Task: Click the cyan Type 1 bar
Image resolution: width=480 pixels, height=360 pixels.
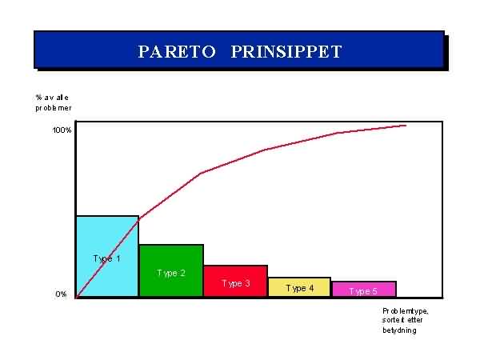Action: (107, 256)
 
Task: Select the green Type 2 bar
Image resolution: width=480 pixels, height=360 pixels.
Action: (171, 270)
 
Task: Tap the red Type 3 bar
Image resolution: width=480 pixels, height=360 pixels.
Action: (236, 281)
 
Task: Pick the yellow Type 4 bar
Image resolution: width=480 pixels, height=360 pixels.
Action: (299, 287)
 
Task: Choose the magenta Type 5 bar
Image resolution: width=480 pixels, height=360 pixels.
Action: (364, 289)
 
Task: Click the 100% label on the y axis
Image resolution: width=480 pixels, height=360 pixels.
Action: (62, 130)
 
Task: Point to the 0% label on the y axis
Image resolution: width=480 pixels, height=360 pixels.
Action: (62, 294)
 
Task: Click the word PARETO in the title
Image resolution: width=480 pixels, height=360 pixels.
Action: (177, 51)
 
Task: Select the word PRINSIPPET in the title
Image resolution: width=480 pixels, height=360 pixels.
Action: (286, 51)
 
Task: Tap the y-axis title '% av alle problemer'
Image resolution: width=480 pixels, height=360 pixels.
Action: (54, 102)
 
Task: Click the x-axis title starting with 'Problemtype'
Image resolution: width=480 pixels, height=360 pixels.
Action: (405, 321)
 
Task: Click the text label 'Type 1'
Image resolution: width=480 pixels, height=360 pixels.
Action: (106, 259)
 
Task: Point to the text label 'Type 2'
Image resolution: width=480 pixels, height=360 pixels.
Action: (171, 273)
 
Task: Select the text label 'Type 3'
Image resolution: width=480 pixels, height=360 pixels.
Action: (236, 283)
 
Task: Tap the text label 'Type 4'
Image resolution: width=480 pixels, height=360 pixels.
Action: (300, 288)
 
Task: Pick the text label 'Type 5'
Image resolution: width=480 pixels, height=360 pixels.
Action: (363, 291)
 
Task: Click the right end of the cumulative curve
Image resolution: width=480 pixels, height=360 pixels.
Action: (406, 126)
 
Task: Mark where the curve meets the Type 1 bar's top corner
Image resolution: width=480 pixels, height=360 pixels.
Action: (138, 218)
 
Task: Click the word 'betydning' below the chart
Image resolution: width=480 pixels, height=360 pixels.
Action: (399, 330)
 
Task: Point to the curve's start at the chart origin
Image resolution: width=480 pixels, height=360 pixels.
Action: (77, 297)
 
